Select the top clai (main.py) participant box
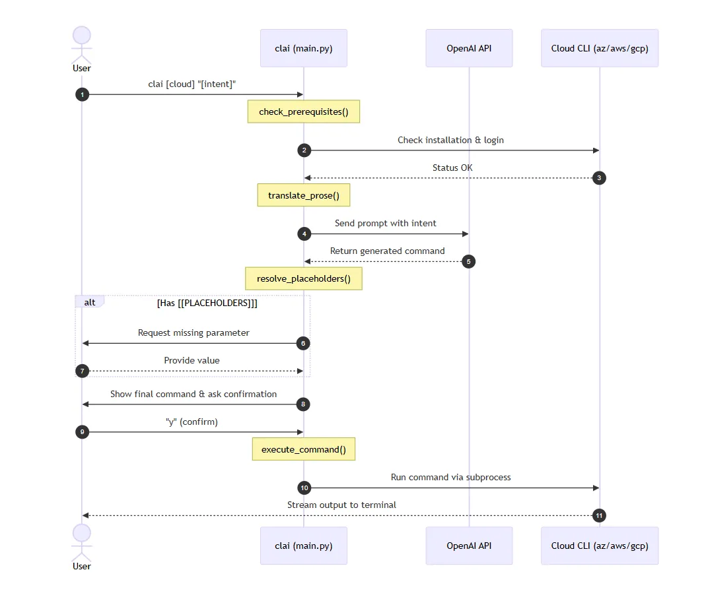coord(303,48)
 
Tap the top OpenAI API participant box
coord(469,48)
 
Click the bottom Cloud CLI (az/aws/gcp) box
coord(600,546)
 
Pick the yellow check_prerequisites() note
coord(303,112)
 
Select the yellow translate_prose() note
coord(303,196)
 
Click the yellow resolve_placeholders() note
coord(303,278)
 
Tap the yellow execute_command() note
coord(303,449)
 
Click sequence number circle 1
coord(82,95)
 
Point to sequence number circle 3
coord(599,178)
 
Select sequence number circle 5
coord(468,261)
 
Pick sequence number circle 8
coord(304,404)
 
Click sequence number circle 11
coord(599,516)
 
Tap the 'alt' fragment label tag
coord(90,302)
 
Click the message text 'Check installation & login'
coord(450,140)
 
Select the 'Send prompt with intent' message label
coord(385,223)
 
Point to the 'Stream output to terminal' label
coord(341,505)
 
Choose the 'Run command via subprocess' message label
coord(450,477)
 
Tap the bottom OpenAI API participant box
coord(469,546)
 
